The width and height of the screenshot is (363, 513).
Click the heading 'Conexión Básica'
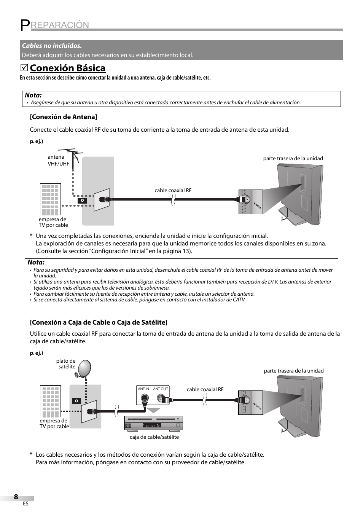click(67, 68)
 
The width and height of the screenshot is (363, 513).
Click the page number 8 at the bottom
click(16, 497)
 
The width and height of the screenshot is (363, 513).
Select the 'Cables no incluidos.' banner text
click(52, 46)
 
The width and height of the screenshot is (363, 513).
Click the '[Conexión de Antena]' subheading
click(64, 117)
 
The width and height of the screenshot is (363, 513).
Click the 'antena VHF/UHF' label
click(58, 160)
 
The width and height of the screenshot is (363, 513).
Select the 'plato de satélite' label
click(66, 364)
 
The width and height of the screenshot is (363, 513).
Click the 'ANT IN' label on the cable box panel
click(143, 389)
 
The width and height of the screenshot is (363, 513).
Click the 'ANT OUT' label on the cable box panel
click(160, 389)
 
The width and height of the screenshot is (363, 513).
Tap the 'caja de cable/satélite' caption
click(154, 437)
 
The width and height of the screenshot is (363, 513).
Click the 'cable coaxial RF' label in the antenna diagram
click(173, 190)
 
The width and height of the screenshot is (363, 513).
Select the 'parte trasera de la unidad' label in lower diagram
click(293, 371)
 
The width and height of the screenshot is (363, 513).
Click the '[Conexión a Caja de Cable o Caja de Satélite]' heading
click(99, 322)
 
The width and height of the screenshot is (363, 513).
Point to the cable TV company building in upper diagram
click(50, 199)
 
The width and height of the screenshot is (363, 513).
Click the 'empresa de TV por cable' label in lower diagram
click(54, 424)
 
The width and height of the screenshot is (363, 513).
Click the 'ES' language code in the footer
click(25, 503)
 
